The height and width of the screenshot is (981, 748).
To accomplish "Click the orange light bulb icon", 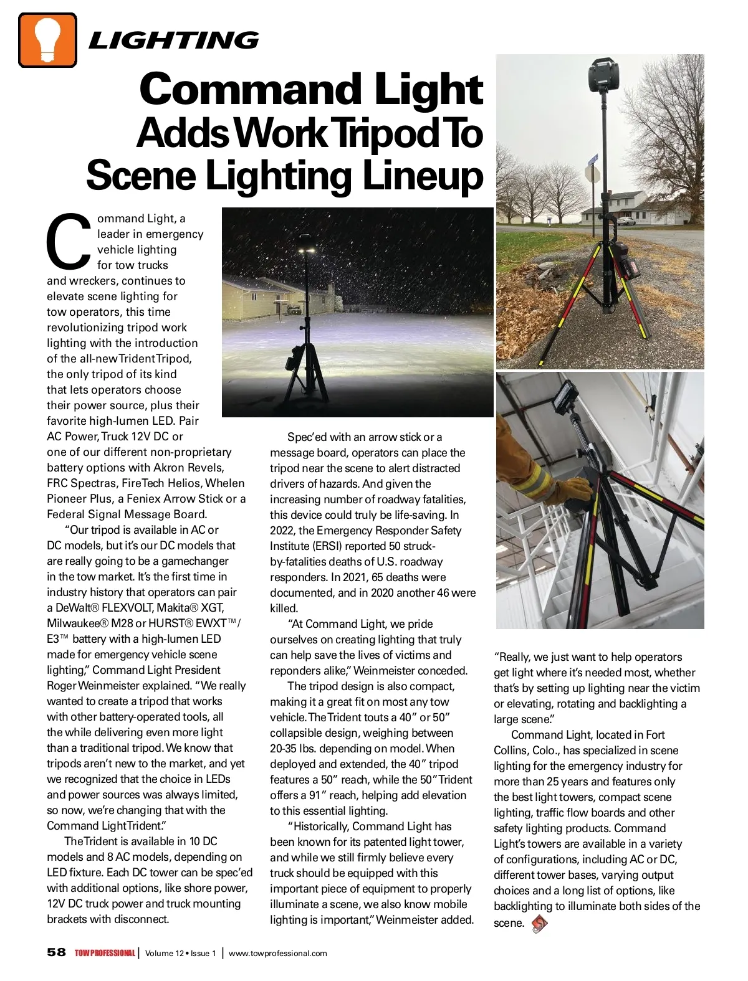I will (47, 40).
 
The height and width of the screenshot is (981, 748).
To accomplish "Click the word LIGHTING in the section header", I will (174, 41).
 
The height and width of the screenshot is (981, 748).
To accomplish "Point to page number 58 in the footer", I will (56, 952).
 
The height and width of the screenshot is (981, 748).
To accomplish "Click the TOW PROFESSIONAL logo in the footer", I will (105, 953).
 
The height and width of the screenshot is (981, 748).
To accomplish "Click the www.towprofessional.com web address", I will (277, 953).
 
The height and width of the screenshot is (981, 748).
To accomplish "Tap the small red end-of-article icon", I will (539, 923).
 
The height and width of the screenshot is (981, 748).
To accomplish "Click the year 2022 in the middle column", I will (282, 531).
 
